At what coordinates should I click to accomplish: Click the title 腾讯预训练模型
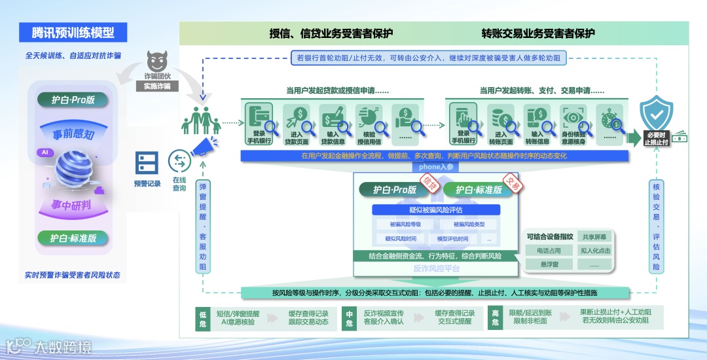[73, 32]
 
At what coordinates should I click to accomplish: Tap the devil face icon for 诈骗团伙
[157, 62]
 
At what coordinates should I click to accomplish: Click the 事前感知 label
[74, 135]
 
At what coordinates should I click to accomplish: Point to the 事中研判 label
[71, 206]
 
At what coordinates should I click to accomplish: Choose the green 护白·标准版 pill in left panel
[73, 238]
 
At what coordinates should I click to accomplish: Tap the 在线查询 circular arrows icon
[179, 161]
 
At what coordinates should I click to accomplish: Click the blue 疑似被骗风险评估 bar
[436, 210]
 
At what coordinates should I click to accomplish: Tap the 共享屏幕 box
[594, 237]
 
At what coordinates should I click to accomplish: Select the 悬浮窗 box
[548, 264]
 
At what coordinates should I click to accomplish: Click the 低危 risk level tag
[203, 317]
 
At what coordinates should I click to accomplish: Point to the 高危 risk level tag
[496, 317]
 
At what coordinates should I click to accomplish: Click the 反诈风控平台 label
[436, 268]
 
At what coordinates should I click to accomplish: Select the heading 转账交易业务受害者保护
[538, 33]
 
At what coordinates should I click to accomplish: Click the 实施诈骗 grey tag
[157, 86]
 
